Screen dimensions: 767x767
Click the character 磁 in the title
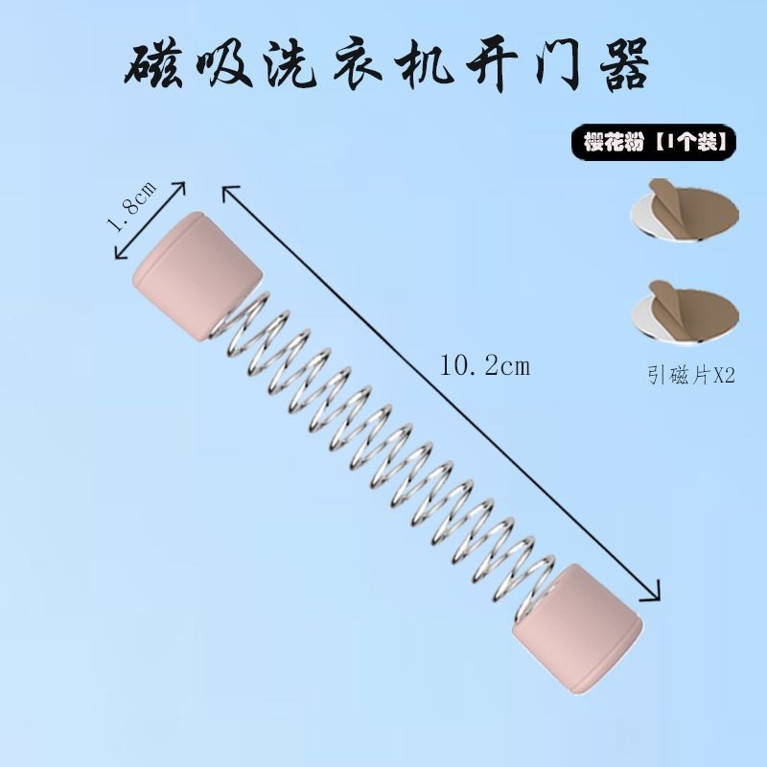coord(152,66)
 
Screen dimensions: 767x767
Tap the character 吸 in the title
coord(223,65)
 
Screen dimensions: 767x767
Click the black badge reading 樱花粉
coord(654,142)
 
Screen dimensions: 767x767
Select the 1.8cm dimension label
coord(130,205)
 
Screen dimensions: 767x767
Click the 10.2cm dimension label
coord(485,366)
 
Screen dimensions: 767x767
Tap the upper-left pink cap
coord(197,275)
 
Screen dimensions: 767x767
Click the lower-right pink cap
coord(577,629)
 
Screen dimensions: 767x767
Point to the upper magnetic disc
coord(685,210)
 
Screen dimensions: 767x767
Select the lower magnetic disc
coord(685,312)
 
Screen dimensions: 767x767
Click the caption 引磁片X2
coord(691,376)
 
